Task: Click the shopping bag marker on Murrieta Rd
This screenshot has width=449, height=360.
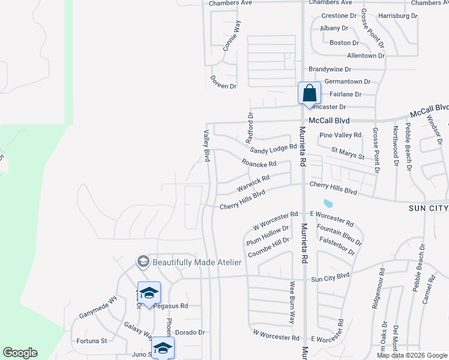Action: click(309, 94)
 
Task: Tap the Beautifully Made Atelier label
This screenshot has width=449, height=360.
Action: click(197, 262)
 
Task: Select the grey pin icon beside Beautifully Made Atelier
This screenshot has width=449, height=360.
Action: click(143, 262)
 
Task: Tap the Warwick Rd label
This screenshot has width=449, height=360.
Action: click(253, 180)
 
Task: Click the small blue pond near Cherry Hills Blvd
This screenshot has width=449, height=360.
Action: click(328, 203)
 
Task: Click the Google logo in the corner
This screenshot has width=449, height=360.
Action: click(20, 353)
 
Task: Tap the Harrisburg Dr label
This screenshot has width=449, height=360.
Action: click(398, 16)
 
